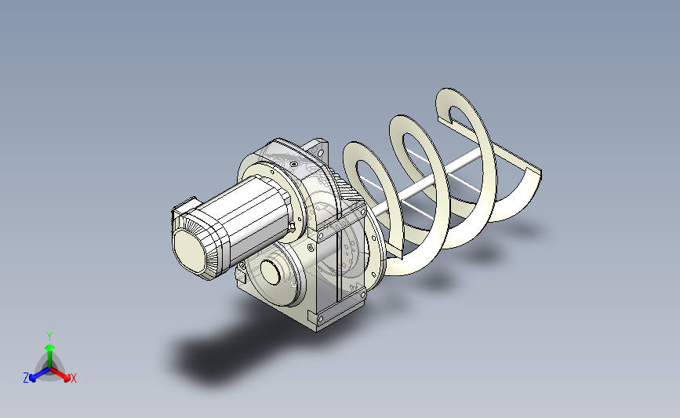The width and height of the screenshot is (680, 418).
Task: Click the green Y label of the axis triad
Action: (49, 336)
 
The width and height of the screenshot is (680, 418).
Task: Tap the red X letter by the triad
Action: (73, 378)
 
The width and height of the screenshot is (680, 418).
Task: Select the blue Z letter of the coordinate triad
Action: (26, 378)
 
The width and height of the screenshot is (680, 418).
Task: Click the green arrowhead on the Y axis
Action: (49, 347)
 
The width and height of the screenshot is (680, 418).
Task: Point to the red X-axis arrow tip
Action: (67, 378)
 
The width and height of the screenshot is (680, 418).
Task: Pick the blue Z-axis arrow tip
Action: (32, 379)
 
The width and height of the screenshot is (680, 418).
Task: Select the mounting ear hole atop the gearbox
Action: (321, 152)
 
